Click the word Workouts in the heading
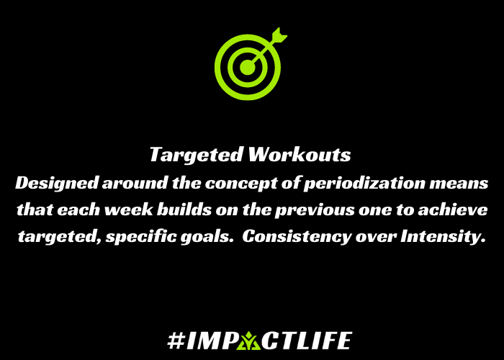pyautogui.click(x=300, y=154)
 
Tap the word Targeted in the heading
pyautogui.click(x=196, y=156)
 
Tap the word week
pyautogui.click(x=129, y=210)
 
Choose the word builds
pyautogui.click(x=184, y=210)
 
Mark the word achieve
pyautogui.click(x=453, y=210)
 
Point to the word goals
pyautogui.click(x=207, y=237)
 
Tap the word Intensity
pyautogui.click(x=443, y=237)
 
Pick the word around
pyautogui.click(x=135, y=183)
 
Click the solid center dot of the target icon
pyautogui.click(x=248, y=68)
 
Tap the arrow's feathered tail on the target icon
pyautogui.click(x=279, y=35)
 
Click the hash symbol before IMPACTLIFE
pyautogui.click(x=176, y=341)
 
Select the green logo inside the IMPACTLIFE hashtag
pyautogui.click(x=248, y=341)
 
